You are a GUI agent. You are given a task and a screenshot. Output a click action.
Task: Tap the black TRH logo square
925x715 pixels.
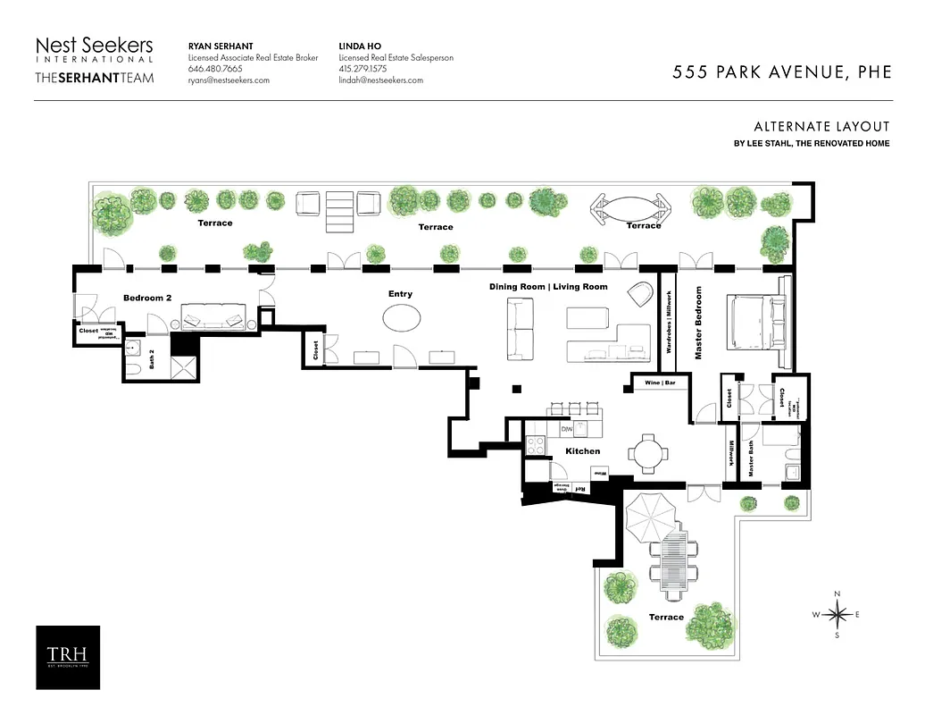click(x=68, y=657)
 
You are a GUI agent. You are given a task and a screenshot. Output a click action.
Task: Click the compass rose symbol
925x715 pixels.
click(x=837, y=614)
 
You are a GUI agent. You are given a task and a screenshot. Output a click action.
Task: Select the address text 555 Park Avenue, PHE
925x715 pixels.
click(x=781, y=72)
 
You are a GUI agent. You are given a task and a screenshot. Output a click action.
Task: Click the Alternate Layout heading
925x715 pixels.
click(x=821, y=127)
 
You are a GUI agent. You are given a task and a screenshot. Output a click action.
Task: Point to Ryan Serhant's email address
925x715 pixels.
click(x=229, y=80)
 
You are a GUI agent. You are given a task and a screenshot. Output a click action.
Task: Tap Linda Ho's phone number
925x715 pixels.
click(x=363, y=69)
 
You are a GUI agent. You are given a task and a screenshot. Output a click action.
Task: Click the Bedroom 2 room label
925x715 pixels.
click(x=147, y=298)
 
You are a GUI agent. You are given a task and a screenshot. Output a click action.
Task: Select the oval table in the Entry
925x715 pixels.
click(x=401, y=318)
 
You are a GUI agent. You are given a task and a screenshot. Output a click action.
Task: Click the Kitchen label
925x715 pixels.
click(x=582, y=451)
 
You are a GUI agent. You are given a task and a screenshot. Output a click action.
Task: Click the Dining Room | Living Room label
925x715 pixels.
click(x=548, y=287)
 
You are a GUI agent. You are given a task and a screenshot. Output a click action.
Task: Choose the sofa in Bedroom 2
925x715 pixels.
click(x=212, y=317)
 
